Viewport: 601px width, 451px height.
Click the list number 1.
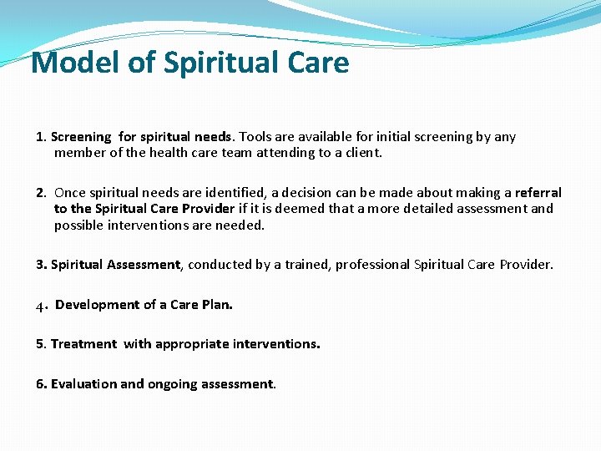click(39, 137)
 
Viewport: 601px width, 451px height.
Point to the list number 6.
click(40, 384)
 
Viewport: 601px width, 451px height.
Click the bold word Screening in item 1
click(81, 137)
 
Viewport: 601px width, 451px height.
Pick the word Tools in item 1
click(256, 137)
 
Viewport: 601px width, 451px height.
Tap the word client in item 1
click(361, 153)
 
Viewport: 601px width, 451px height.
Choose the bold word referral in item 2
click(538, 193)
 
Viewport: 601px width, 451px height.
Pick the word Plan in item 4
click(218, 305)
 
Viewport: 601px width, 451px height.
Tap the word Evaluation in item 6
click(83, 384)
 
